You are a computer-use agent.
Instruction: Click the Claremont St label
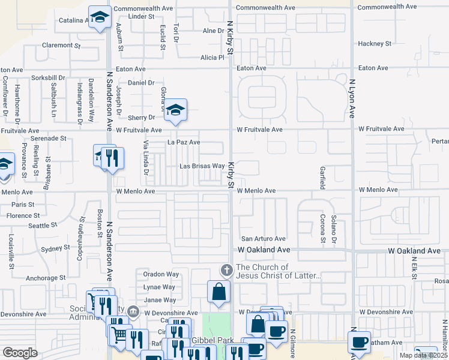61,45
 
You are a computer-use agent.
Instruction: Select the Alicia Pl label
212,58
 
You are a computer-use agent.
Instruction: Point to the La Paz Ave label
183,142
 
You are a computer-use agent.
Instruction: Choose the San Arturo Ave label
263,238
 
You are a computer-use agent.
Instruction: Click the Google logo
20,352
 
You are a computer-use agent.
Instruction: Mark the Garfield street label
323,178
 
